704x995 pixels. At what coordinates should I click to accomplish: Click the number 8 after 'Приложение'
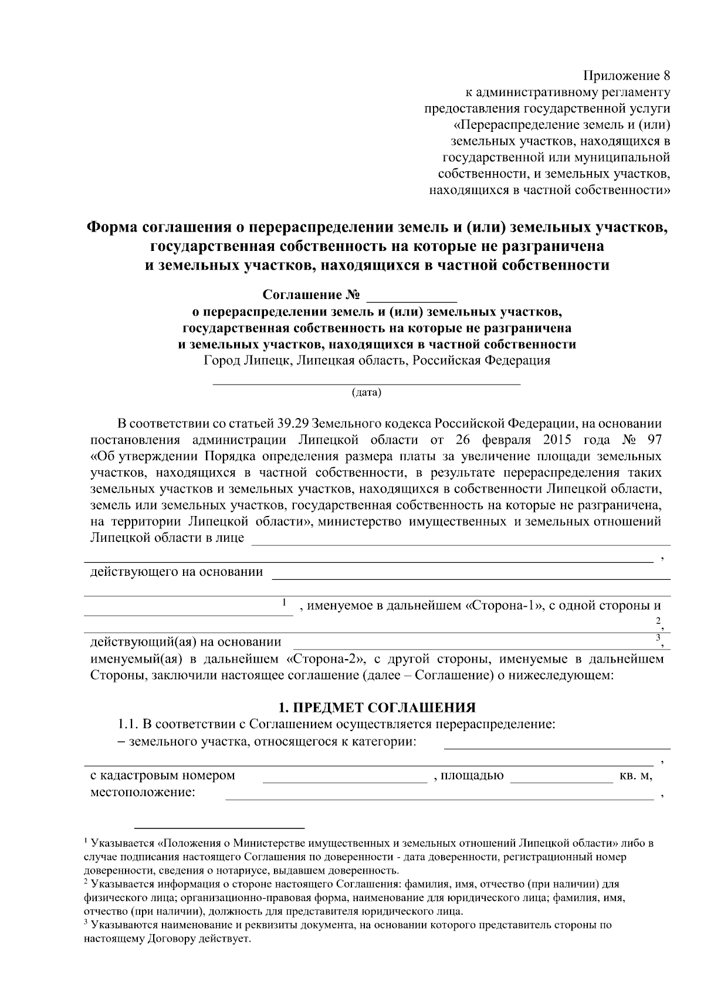click(x=665, y=76)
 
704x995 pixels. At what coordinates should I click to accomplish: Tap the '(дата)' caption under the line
click(x=367, y=392)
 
